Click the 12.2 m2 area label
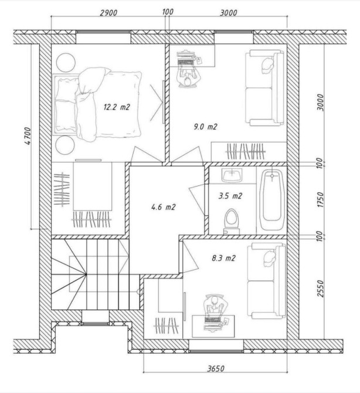tap(117, 107)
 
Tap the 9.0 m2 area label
tap(205, 127)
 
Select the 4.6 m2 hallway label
tap(164, 207)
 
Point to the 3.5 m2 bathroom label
tap(230, 196)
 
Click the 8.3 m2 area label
tap(224, 258)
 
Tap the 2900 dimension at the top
tap(108, 12)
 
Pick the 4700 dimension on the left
tap(28, 136)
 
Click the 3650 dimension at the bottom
tap(216, 368)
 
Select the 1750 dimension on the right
tap(320, 199)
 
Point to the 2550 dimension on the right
tap(320, 289)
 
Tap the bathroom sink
tap(232, 175)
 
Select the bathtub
tap(272, 199)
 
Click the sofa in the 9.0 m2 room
tap(265, 87)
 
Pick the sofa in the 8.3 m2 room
tap(267, 281)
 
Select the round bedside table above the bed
tap(66, 63)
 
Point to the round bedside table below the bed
tap(65, 145)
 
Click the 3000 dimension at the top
tap(229, 12)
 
